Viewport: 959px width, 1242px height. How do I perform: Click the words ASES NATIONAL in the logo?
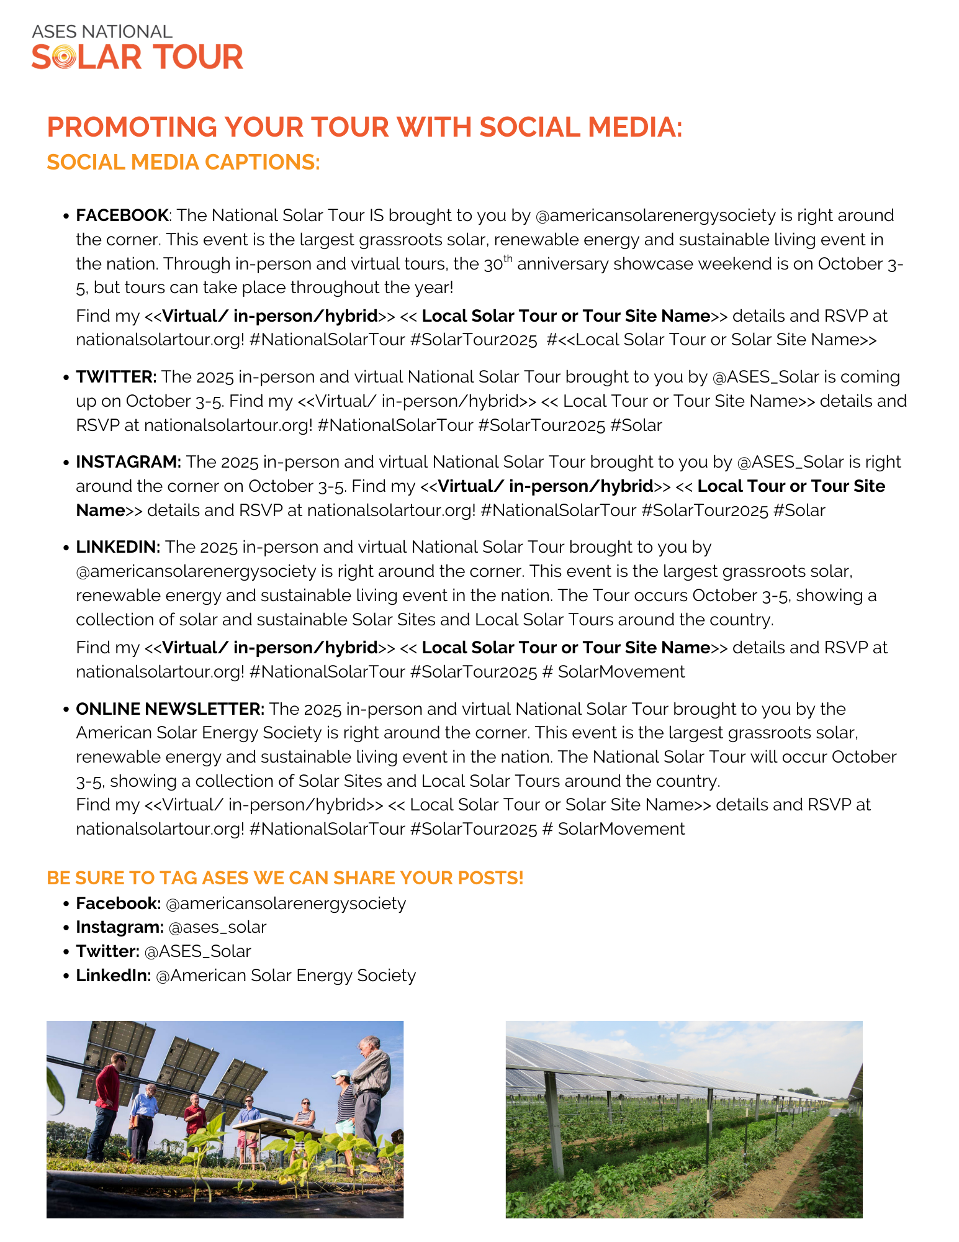pyautogui.click(x=102, y=32)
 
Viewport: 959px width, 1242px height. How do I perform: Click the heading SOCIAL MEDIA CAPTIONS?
pyautogui.click(x=183, y=162)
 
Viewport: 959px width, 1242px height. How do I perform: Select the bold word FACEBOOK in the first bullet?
pyautogui.click(x=122, y=215)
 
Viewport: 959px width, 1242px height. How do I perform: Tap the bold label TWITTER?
pyautogui.click(x=116, y=377)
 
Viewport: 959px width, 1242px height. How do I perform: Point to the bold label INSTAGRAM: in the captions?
pyautogui.click(x=128, y=462)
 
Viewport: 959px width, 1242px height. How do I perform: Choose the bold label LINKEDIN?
pyautogui.click(x=118, y=547)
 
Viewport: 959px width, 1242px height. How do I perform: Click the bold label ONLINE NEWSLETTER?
pyautogui.click(x=170, y=709)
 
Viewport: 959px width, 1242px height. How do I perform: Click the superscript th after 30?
pyautogui.click(x=508, y=258)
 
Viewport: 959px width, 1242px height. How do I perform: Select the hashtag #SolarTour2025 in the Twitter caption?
pyautogui.click(x=542, y=425)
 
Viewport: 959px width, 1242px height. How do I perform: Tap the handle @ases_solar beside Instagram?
pyautogui.click(x=217, y=927)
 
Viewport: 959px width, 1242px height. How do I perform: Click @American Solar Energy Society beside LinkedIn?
pyautogui.click(x=286, y=976)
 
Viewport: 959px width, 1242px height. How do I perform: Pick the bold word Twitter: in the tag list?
pyautogui.click(x=107, y=951)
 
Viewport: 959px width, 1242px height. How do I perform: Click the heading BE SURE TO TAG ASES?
pyautogui.click(x=285, y=878)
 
